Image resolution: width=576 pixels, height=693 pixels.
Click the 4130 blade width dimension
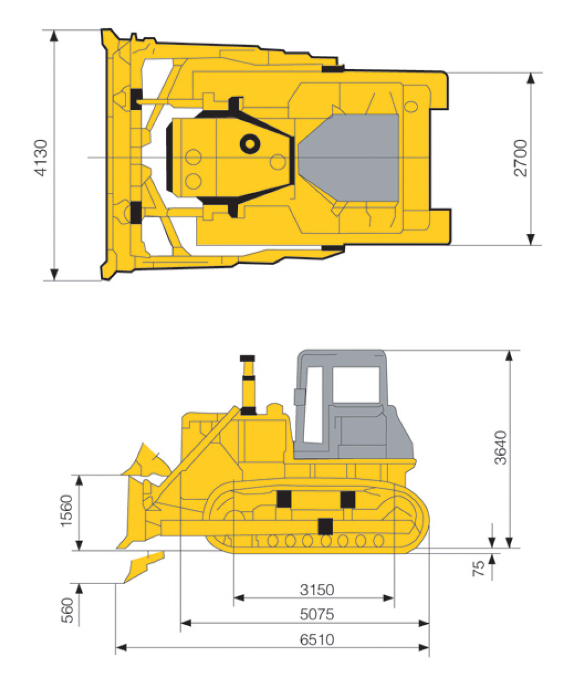click(x=42, y=158)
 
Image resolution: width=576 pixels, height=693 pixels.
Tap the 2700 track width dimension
click(x=520, y=158)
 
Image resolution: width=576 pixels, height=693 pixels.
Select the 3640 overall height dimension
click(x=501, y=448)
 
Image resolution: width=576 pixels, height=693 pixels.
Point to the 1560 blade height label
click(x=67, y=510)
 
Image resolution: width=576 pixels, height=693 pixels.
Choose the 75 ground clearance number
click(x=479, y=569)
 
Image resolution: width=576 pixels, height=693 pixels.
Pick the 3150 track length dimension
click(x=317, y=590)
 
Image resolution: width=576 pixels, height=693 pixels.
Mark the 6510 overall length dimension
click(x=317, y=639)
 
